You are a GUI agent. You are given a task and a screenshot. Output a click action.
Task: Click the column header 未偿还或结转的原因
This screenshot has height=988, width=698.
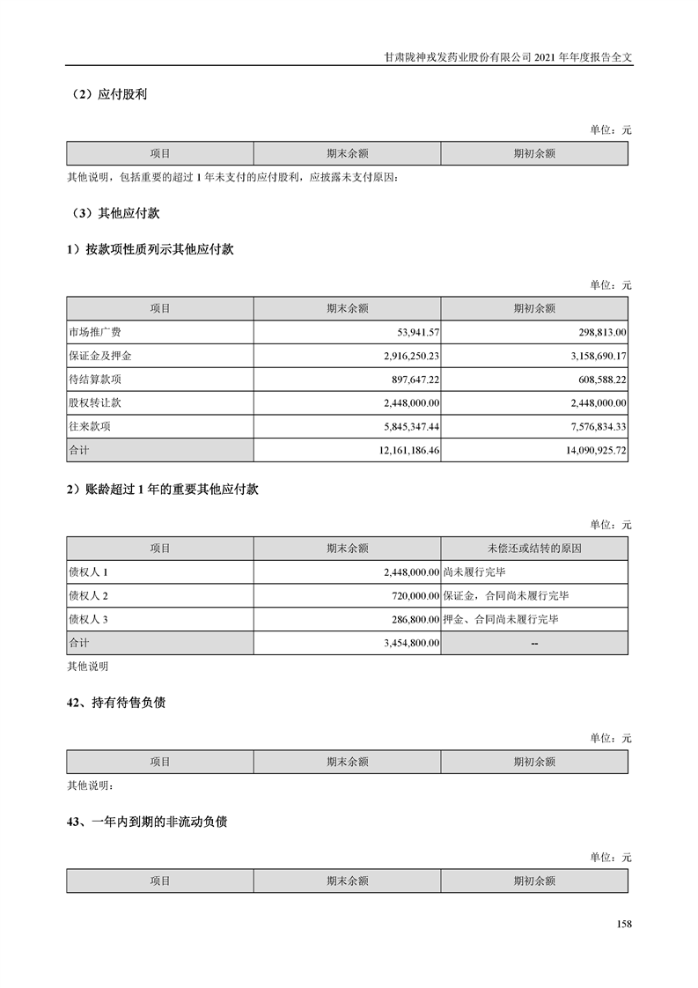pos(534,548)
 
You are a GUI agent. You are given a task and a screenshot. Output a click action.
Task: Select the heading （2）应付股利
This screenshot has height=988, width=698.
pos(110,94)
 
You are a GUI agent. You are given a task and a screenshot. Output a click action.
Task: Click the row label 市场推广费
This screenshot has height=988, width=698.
pos(94,332)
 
